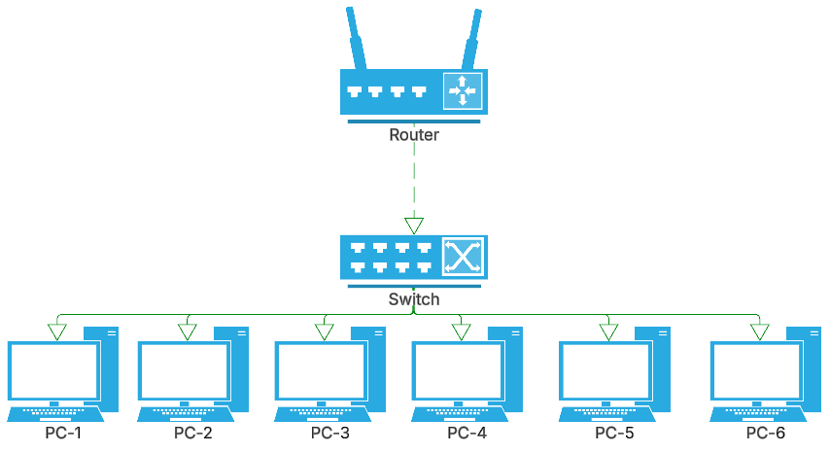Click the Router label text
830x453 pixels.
click(x=414, y=135)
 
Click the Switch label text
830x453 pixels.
click(x=414, y=299)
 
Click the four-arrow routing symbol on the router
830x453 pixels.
click(x=463, y=90)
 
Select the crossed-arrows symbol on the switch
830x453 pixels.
click(x=463, y=258)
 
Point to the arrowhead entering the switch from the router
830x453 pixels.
click(x=415, y=226)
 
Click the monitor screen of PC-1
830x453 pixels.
click(x=52, y=369)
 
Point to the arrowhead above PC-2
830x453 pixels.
click(x=187, y=332)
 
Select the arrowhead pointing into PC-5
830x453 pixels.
click(x=608, y=332)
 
